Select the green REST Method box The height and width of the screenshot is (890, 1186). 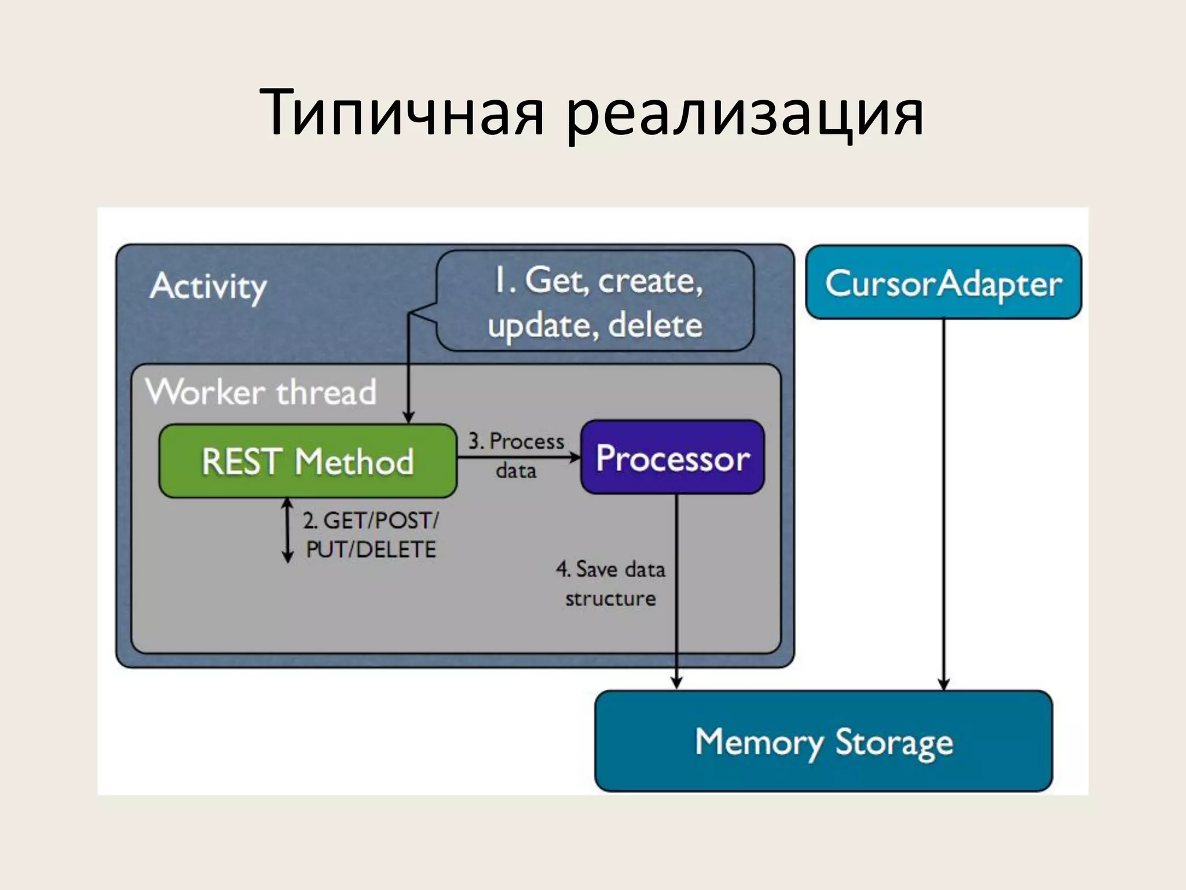click(x=308, y=461)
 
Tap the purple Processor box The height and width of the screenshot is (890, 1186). click(x=672, y=458)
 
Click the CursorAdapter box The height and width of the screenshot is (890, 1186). click(x=943, y=283)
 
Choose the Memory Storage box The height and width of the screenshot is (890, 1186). click(x=823, y=742)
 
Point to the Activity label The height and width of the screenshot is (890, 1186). click(x=208, y=286)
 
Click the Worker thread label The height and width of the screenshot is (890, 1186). click(x=261, y=392)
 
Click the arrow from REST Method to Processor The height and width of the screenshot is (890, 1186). click(x=518, y=458)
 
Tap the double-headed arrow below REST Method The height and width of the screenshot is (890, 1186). click(x=287, y=530)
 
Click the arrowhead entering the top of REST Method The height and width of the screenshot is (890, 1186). click(x=408, y=417)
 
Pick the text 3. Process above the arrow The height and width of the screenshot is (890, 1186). click(x=516, y=442)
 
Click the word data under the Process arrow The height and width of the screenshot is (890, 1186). click(x=516, y=470)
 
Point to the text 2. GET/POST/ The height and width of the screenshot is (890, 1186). click(x=371, y=520)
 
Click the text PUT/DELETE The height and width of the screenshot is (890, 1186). click(x=371, y=549)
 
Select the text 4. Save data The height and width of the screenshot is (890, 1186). click(x=610, y=569)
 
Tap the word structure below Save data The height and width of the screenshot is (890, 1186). click(x=610, y=599)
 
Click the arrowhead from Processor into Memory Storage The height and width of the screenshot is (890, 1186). click(x=676, y=683)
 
